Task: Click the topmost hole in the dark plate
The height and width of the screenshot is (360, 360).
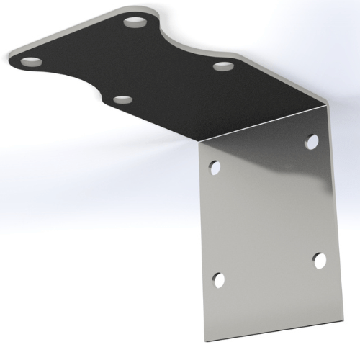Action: tap(135, 22)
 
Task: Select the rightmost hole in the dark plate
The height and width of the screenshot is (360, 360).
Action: tap(222, 68)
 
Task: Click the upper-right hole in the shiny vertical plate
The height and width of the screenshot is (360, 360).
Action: tap(311, 141)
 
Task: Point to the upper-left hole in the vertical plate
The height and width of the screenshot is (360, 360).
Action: tap(215, 168)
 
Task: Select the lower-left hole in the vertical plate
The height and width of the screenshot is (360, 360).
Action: tap(219, 279)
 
